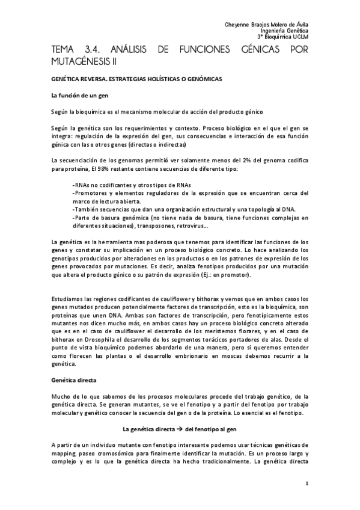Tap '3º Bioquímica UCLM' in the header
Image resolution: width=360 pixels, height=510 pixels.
[x=283, y=36]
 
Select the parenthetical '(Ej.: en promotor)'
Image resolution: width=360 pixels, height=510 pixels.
[x=223, y=275]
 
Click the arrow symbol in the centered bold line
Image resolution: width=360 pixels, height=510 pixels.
[x=180, y=429]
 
